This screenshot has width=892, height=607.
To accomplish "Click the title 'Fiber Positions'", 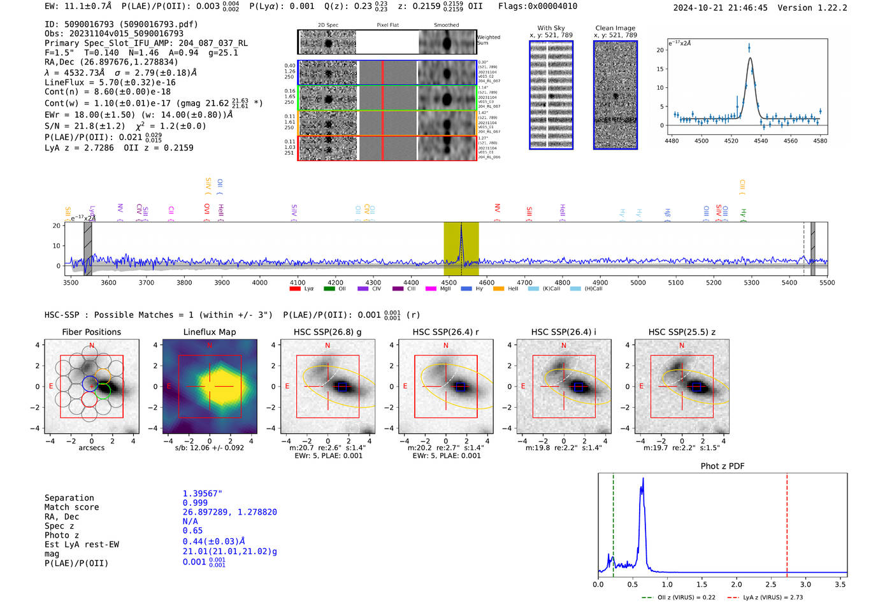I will tap(91, 332).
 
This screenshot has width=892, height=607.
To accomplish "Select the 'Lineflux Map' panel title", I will tap(209, 332).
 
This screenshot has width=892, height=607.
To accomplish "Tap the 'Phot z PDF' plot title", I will tap(723, 466).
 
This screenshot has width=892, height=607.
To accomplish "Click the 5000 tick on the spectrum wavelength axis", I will tap(638, 283).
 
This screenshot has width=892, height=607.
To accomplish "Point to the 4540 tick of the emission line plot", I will tap(761, 141).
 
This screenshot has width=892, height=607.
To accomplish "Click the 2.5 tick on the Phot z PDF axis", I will tap(771, 584).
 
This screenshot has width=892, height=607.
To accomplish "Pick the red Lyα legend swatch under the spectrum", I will tap(295, 289).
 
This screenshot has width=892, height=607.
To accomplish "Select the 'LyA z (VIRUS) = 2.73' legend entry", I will tap(765, 597).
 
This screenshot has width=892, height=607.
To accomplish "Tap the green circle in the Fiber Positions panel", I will tap(103, 391).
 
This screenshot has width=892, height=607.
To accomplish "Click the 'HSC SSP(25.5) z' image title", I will tap(682, 332).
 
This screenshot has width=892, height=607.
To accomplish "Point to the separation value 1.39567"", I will tap(202, 494).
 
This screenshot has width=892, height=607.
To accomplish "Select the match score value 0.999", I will tap(195, 503).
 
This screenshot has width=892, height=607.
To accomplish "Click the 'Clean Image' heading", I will tap(615, 28).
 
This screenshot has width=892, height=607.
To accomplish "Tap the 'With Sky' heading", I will tap(550, 28).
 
